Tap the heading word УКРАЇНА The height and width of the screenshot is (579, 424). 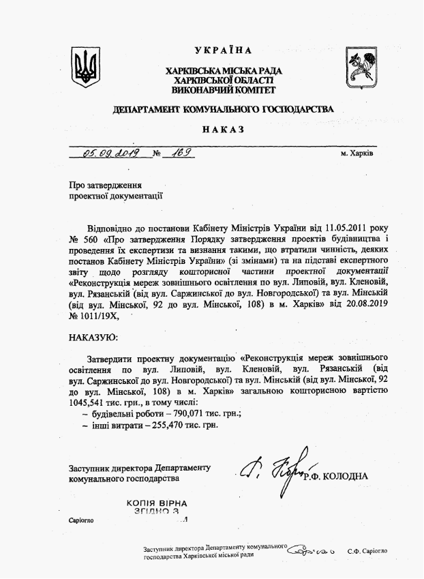coord(223,50)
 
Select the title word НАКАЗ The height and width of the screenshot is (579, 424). coord(222,130)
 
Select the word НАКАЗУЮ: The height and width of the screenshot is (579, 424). coord(93,337)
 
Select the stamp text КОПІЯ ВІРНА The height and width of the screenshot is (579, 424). coord(157,503)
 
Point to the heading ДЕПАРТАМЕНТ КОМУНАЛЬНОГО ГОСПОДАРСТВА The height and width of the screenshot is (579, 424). coord(223,109)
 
